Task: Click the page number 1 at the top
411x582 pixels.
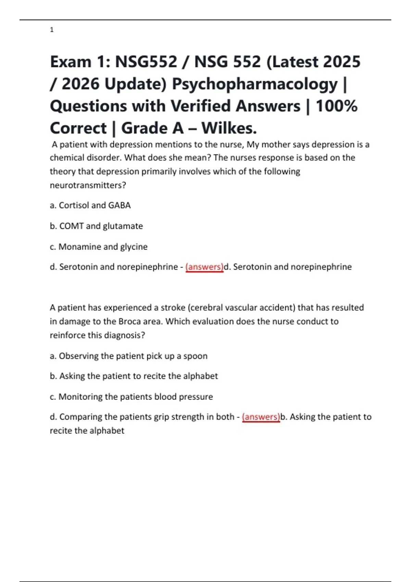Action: coord(52,30)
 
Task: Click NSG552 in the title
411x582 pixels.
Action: coord(146,62)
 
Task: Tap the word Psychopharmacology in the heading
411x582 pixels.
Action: coord(254,84)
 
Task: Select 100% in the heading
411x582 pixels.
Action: coord(336,106)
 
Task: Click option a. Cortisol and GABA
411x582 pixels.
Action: coord(90,205)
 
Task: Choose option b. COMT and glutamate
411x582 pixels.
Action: coord(96,226)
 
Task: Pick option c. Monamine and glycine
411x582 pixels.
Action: coord(99,247)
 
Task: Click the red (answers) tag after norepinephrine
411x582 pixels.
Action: coord(204,267)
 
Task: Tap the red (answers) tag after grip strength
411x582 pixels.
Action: coord(261,417)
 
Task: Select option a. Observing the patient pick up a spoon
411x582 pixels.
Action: coord(128,356)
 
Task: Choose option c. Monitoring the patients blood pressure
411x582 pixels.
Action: coord(131,397)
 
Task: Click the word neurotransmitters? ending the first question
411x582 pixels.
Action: coord(88,185)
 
